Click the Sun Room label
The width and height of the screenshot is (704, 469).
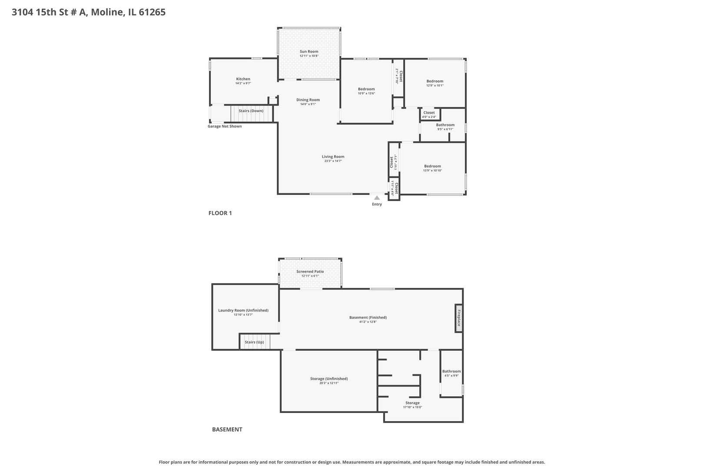(309, 51)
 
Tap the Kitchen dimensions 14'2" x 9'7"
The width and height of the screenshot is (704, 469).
(243, 83)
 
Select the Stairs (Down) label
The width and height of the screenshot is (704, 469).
(251, 111)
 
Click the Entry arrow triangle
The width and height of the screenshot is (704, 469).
(377, 198)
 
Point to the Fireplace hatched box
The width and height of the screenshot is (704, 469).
(458, 318)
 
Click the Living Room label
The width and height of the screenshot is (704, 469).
(333, 157)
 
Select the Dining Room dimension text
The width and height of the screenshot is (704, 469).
(308, 104)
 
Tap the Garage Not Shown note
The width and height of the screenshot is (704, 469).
(224, 126)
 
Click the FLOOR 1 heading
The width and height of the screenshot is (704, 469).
(220, 213)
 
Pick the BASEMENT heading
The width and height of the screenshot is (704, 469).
(227, 429)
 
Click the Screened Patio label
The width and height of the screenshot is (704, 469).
(310, 271)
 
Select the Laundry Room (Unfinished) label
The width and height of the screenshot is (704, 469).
(243, 310)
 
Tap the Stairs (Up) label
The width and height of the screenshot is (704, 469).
(254, 342)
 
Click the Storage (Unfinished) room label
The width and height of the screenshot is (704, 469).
(329, 379)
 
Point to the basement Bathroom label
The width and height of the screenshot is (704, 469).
(452, 371)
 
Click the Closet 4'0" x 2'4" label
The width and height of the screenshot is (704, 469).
(429, 112)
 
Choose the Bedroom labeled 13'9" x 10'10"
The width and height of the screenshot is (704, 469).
(432, 166)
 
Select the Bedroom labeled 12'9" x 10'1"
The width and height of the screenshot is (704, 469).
(435, 81)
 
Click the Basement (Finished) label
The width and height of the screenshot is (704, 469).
(368, 317)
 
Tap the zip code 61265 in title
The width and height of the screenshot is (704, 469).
(152, 12)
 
